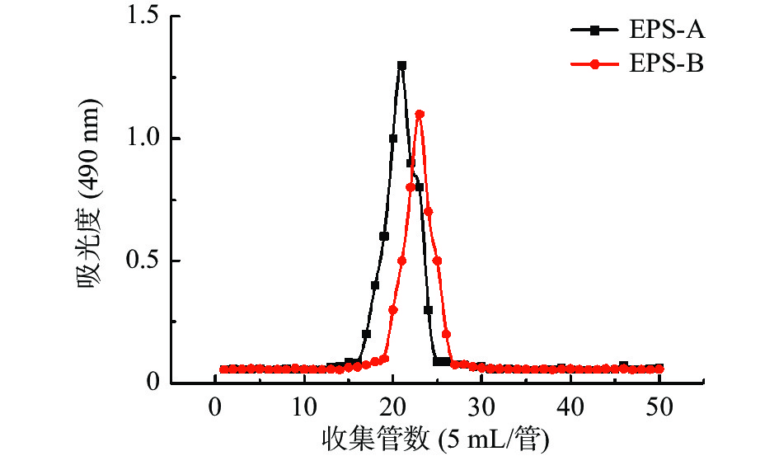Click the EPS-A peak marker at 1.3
pos(401,65)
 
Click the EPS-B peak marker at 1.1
pos(420,114)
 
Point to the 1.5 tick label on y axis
pos(143,16)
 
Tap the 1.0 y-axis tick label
pos(143,139)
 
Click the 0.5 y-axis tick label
pos(143,261)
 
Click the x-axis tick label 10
pos(304,406)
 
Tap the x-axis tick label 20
pos(393,406)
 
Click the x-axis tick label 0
pos(216,406)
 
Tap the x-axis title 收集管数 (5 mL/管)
pos(438,437)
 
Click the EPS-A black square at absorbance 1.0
pos(393,139)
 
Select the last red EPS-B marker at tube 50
pos(659,369)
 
